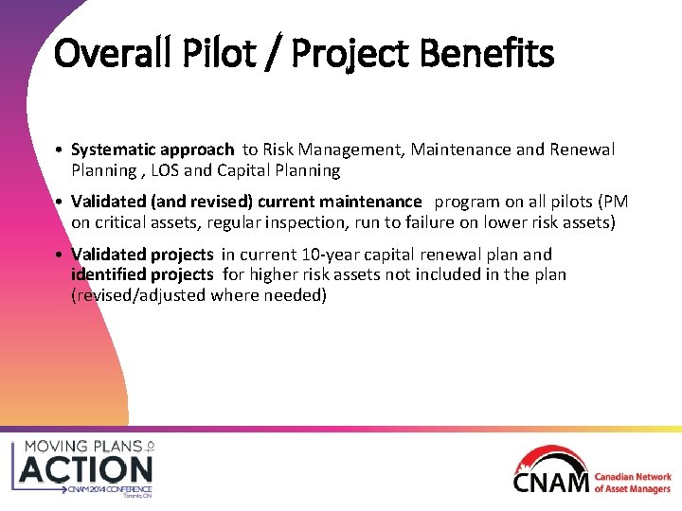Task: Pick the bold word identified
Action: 104,274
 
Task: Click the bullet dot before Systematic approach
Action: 59,150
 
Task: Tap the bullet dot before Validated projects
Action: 59,255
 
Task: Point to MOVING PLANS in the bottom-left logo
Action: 81,445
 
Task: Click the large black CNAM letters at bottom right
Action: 551,482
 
